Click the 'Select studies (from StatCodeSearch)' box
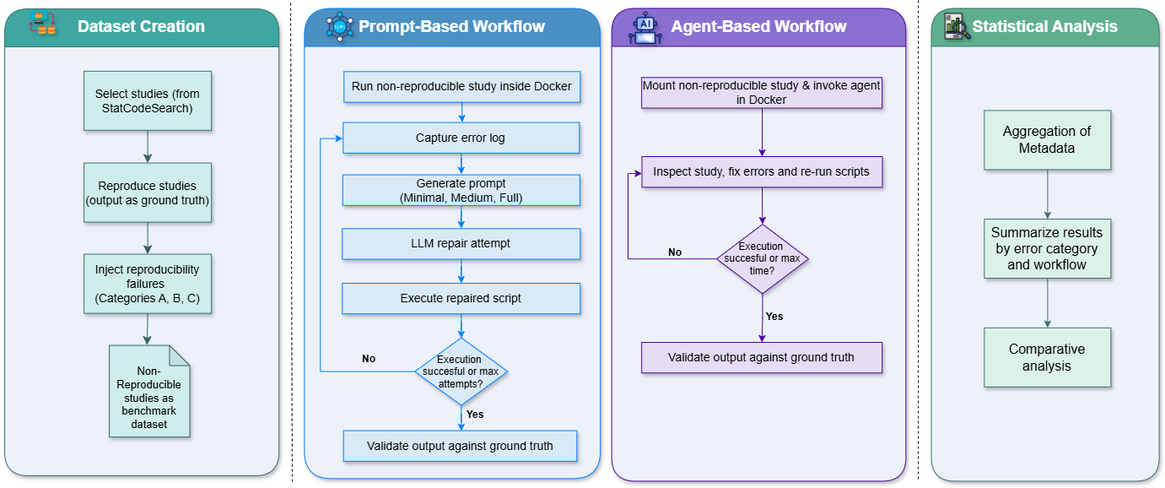click(x=148, y=100)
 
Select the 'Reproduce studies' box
click(x=148, y=192)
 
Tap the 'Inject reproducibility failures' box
click(x=148, y=285)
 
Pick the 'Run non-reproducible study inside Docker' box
click(x=461, y=86)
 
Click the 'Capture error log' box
click(x=461, y=138)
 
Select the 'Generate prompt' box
click(x=461, y=190)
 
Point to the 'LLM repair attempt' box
click(x=461, y=243)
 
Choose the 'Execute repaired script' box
click(x=461, y=298)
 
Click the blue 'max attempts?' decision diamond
click(x=461, y=371)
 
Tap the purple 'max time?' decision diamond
click(x=762, y=258)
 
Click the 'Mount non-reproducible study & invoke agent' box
click(x=762, y=92)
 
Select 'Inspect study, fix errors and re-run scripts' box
click(x=762, y=171)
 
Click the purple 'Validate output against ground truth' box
click(x=762, y=357)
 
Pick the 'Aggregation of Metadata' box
click(x=1047, y=139)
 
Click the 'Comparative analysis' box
click(x=1047, y=357)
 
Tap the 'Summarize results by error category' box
click(x=1047, y=248)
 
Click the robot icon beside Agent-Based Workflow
click(x=645, y=27)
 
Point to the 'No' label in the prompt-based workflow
click(x=369, y=359)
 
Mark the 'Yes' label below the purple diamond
click(x=774, y=317)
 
